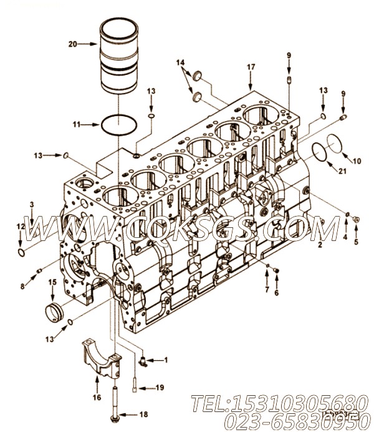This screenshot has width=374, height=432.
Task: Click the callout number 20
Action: [x=72, y=44]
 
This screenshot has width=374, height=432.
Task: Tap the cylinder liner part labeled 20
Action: [x=118, y=56]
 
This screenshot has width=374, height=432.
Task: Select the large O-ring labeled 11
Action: [x=119, y=125]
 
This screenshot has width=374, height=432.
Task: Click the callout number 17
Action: [x=251, y=67]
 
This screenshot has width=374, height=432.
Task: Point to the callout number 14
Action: [x=180, y=63]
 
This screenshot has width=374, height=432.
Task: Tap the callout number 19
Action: [x=160, y=388]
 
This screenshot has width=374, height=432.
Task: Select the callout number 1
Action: [x=166, y=360]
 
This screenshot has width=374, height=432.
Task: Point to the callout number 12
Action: [x=21, y=227]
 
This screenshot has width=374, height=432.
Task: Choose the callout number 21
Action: [x=342, y=171]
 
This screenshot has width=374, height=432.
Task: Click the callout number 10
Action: [x=357, y=160]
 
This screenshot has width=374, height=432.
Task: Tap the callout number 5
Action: [x=356, y=242]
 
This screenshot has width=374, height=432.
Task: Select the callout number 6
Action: [x=276, y=293]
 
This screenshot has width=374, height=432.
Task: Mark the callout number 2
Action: [x=320, y=244]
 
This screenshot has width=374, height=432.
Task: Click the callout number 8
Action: [x=22, y=287]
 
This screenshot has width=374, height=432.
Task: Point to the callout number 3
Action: [x=32, y=204]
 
